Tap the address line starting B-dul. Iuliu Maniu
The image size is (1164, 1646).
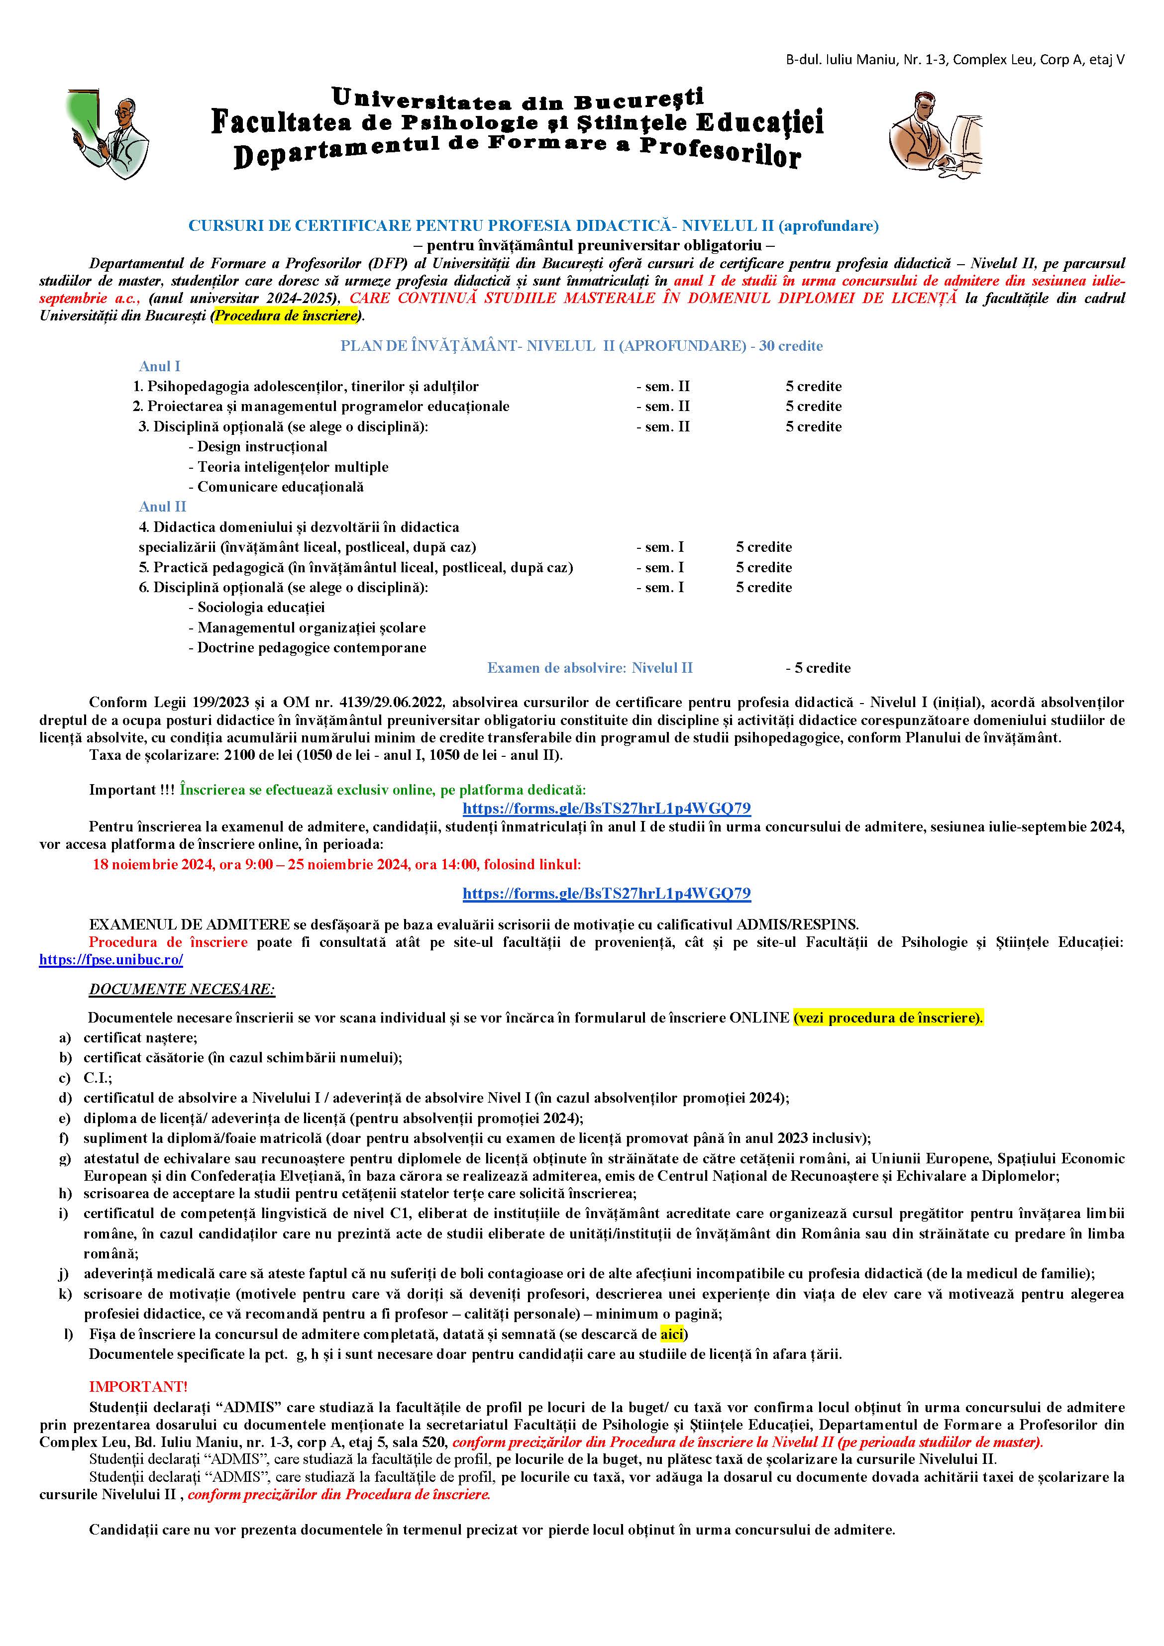[954, 60]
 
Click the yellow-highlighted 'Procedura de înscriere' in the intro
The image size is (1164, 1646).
[286, 316]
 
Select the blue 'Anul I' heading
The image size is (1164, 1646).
[159, 366]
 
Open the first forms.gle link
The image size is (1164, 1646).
[606, 809]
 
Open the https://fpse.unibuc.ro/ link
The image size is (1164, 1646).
[111, 960]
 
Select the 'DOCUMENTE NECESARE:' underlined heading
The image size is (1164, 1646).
[182, 989]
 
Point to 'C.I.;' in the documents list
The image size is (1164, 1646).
[98, 1077]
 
